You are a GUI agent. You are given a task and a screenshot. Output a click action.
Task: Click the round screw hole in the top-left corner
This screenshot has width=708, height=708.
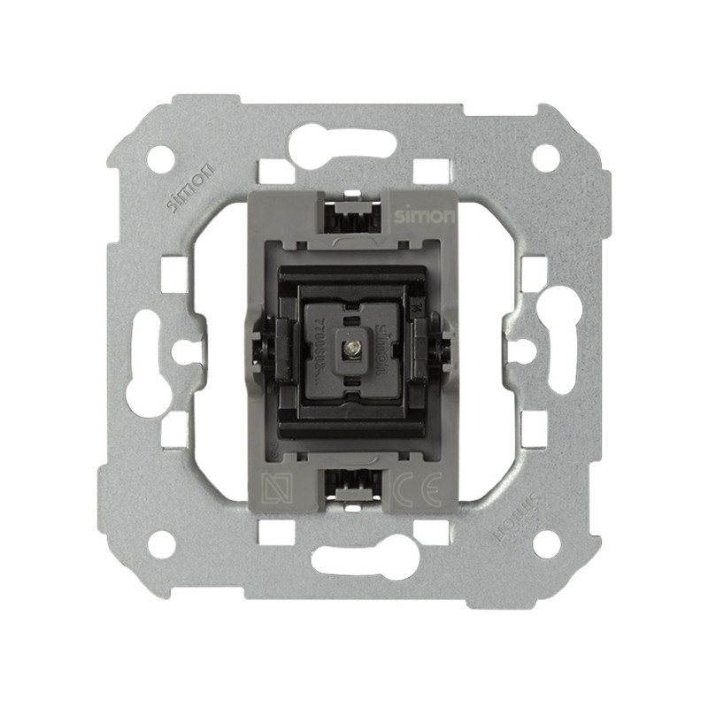[x=160, y=158]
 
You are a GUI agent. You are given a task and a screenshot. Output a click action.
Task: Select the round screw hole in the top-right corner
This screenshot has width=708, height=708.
[x=545, y=158]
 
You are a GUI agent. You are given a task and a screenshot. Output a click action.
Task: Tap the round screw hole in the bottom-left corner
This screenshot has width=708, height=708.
[x=161, y=543]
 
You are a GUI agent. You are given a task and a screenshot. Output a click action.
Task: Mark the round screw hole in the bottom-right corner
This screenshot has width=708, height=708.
[x=546, y=543]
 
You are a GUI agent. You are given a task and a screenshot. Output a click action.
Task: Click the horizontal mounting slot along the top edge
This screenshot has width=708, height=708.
[x=342, y=142]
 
